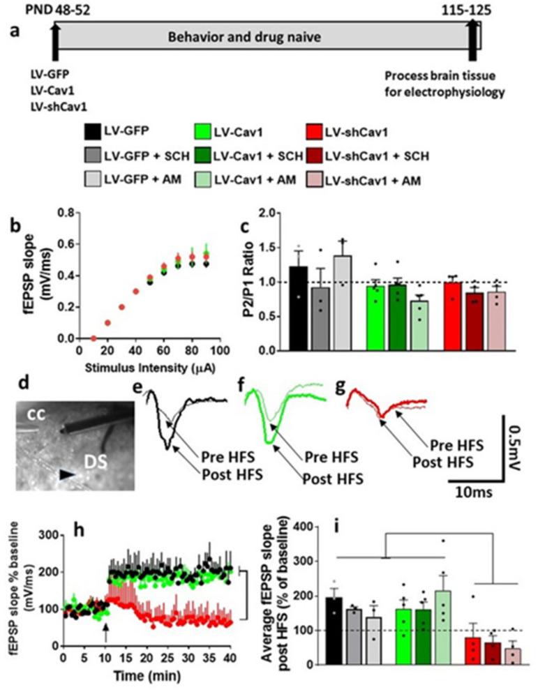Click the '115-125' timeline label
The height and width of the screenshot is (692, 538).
click(472, 9)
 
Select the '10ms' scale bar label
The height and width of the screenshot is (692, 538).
click(474, 492)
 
